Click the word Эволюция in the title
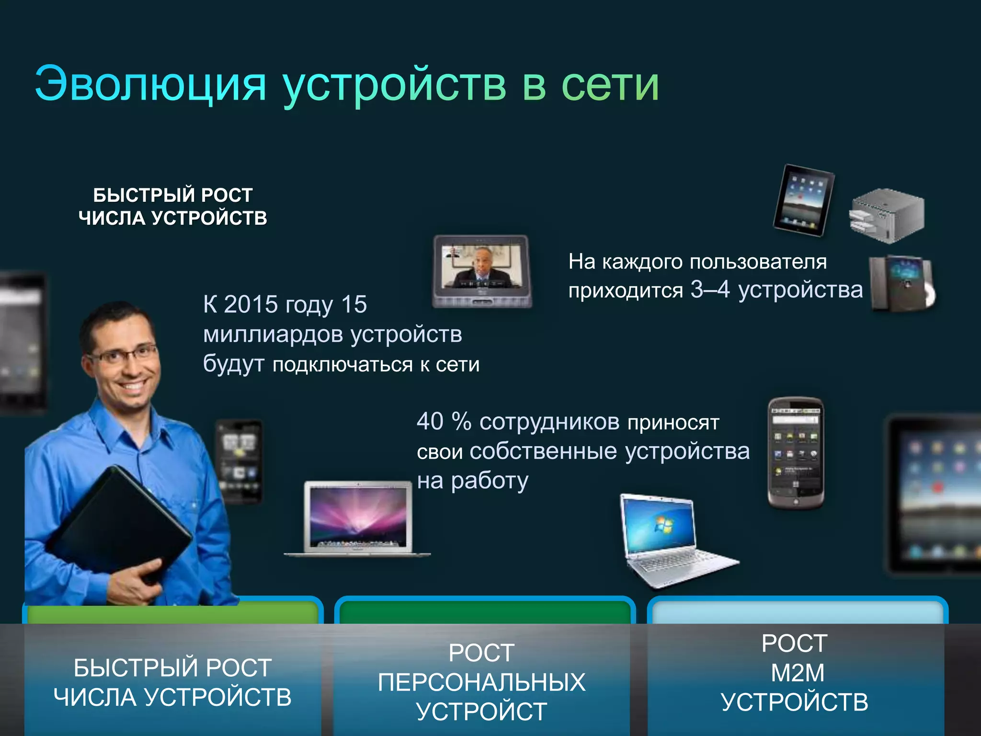click(150, 84)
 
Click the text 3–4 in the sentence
click(709, 289)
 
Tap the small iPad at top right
click(804, 200)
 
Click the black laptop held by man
click(120, 522)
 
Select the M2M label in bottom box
click(797, 673)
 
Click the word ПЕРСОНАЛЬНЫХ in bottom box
click(481, 682)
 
